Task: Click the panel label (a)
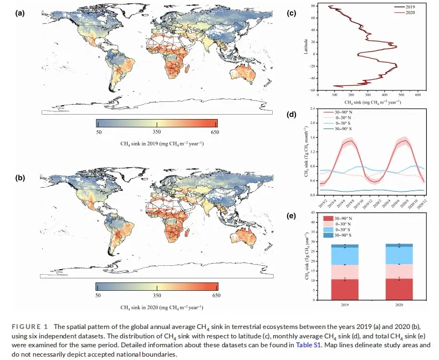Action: point(18,13)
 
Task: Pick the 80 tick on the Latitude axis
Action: point(314,6)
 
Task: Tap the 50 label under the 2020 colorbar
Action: point(99,296)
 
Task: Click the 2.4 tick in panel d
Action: point(313,109)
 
